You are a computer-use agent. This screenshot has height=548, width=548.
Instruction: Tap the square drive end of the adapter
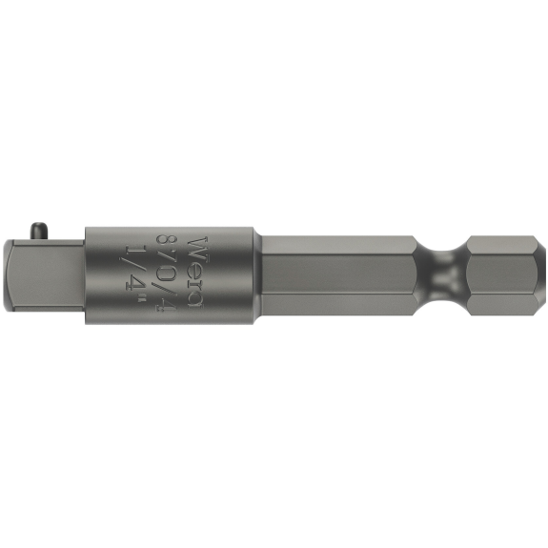44,274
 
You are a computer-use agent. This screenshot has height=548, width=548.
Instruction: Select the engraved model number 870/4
165,272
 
